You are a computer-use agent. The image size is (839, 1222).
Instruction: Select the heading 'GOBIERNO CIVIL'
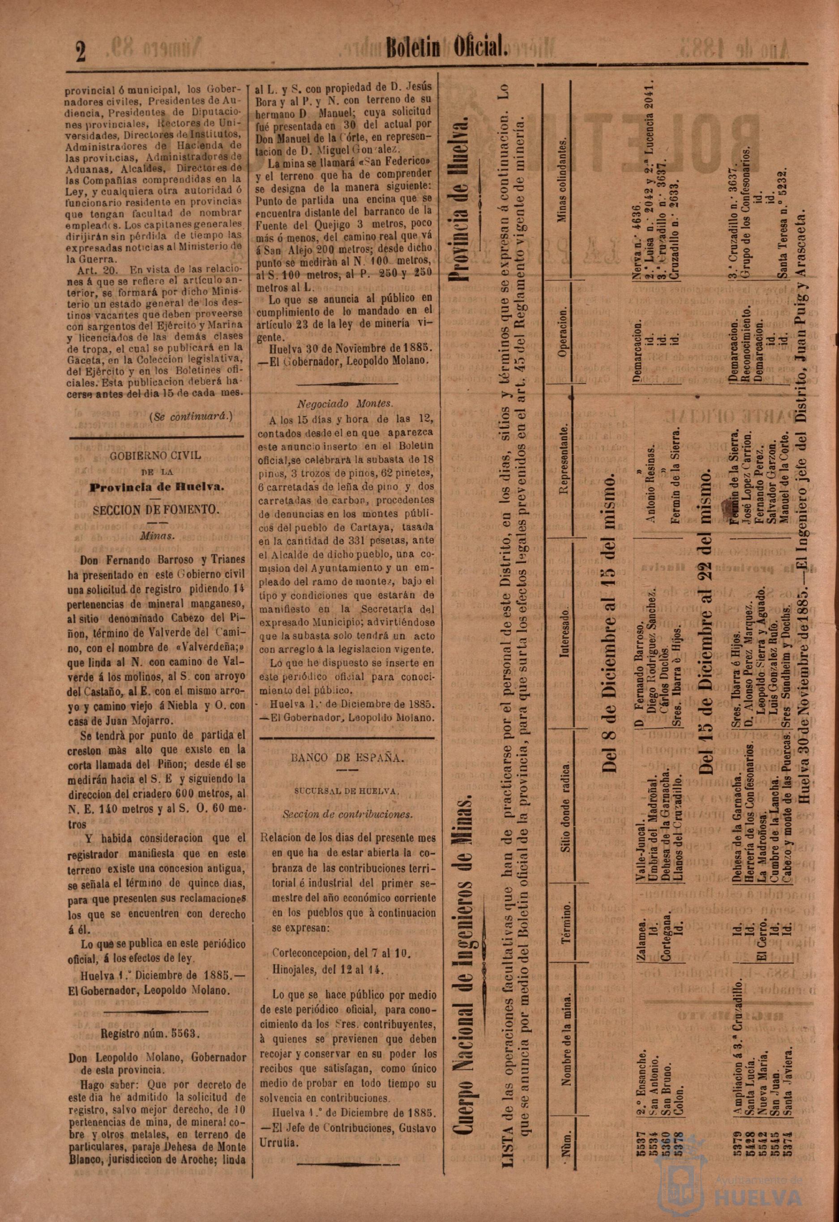(155, 456)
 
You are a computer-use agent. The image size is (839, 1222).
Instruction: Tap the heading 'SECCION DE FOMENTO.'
(155, 510)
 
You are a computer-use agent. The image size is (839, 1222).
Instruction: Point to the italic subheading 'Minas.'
(157, 536)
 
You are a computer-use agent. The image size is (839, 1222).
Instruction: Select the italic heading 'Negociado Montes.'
(345, 404)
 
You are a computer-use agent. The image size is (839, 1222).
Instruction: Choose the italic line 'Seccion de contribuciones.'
(347, 814)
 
